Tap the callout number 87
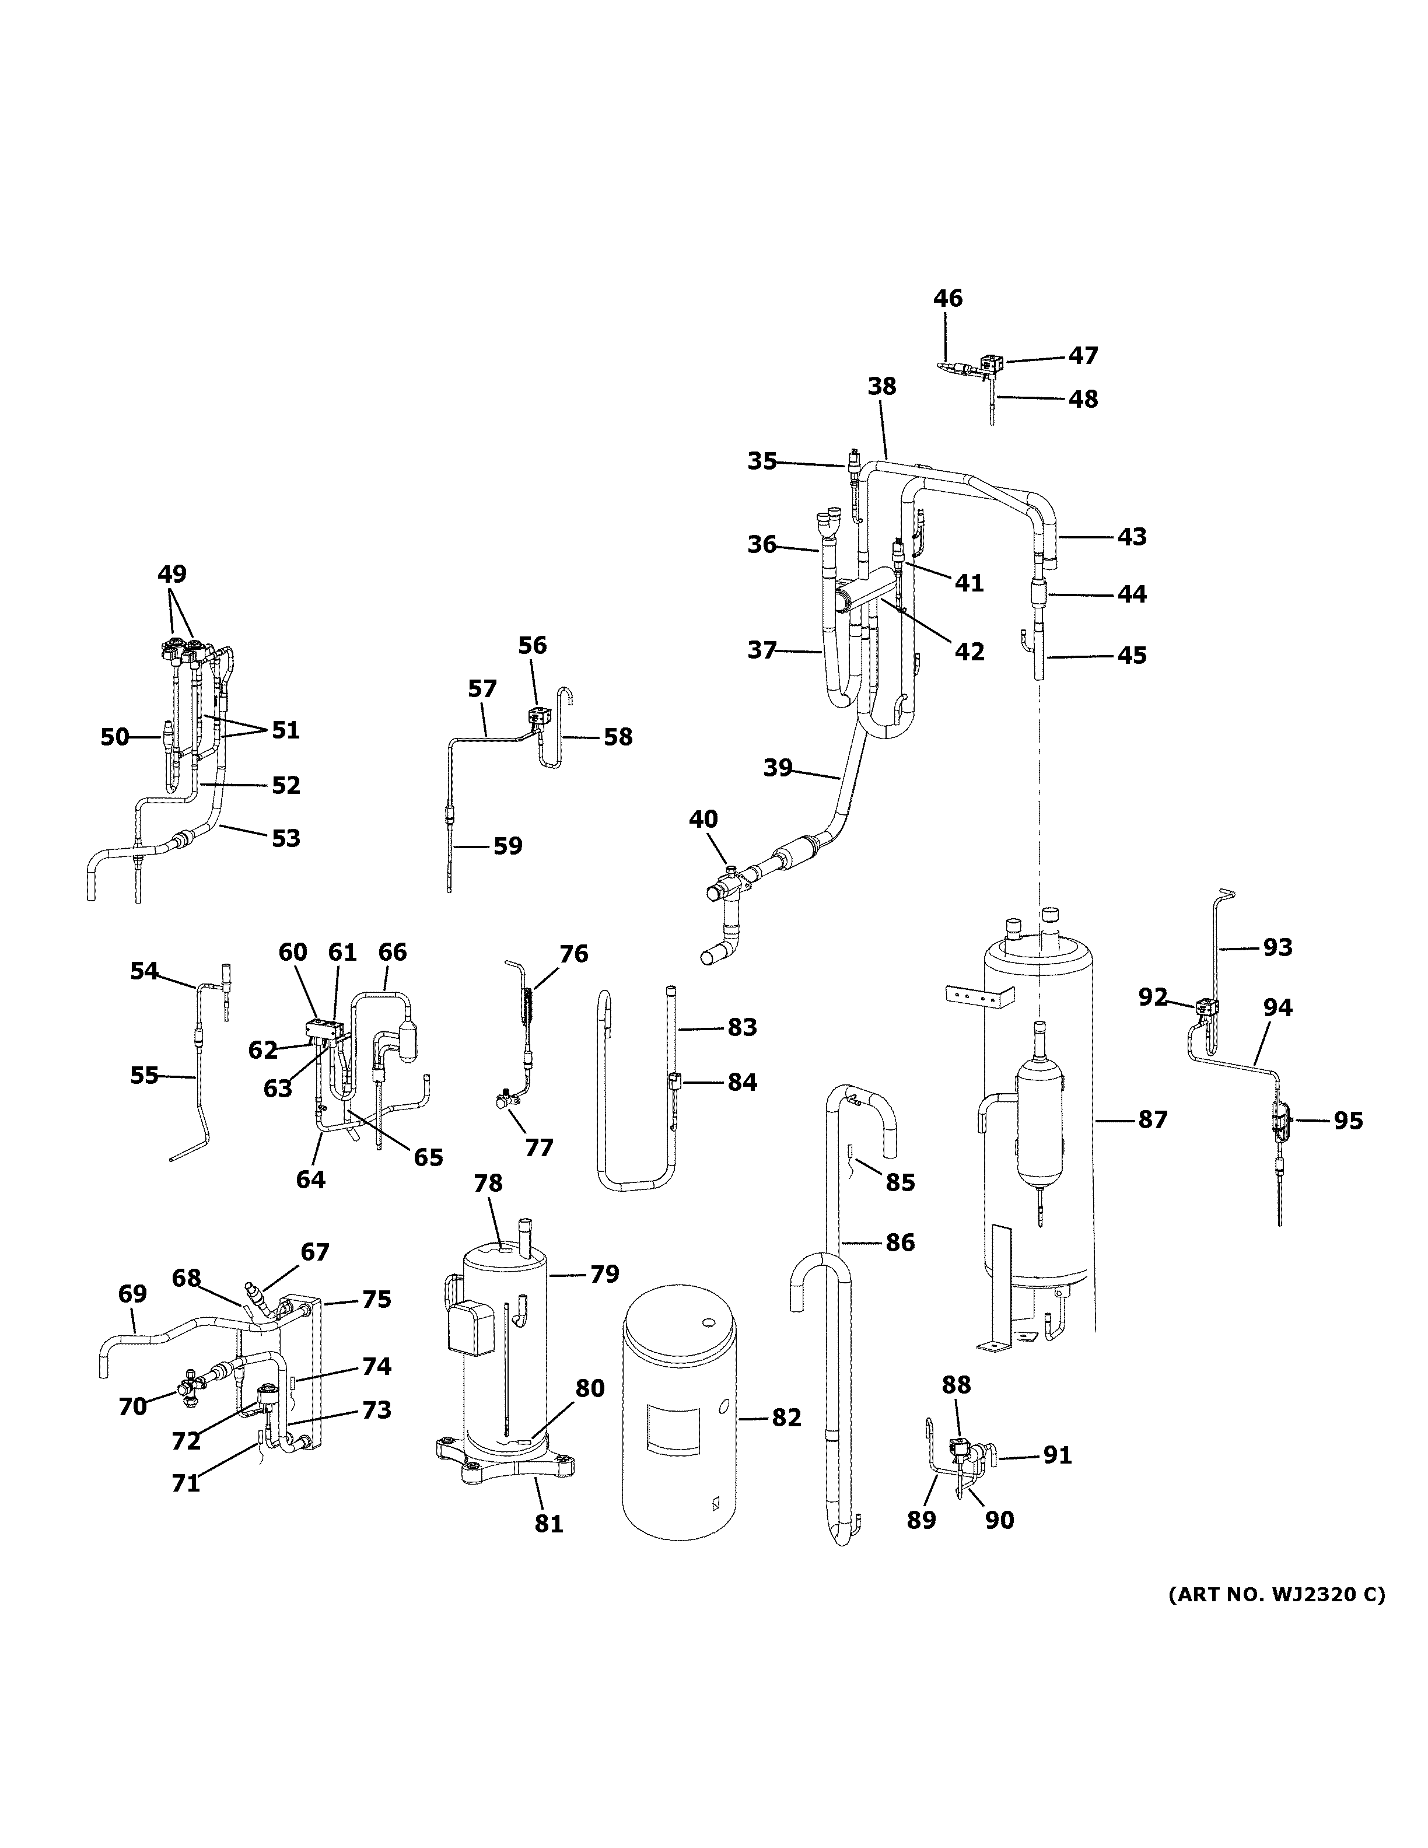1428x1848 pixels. (x=1152, y=1119)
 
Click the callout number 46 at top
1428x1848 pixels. (x=947, y=299)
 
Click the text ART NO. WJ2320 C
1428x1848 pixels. (x=1276, y=1595)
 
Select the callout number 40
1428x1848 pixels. (x=703, y=819)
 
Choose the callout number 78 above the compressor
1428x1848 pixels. (x=488, y=1183)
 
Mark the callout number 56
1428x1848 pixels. (x=532, y=646)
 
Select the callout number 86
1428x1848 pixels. (x=900, y=1242)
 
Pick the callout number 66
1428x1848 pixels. (x=393, y=952)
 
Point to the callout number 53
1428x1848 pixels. (x=286, y=838)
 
